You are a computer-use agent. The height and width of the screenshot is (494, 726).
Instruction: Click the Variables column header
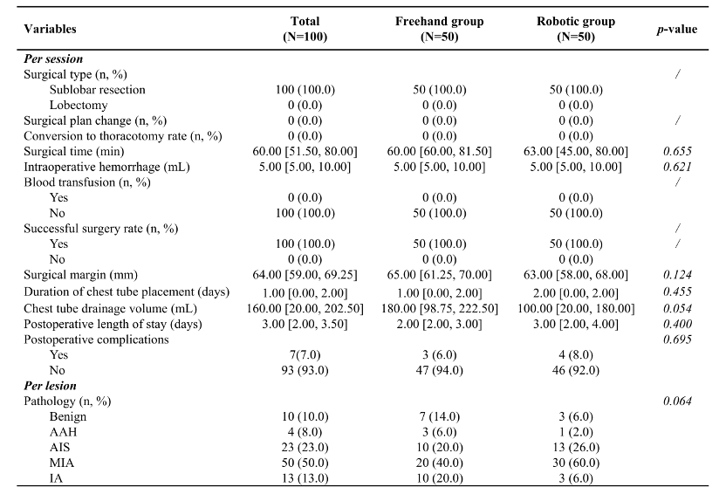50,29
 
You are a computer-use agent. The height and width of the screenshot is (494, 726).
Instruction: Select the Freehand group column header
440,29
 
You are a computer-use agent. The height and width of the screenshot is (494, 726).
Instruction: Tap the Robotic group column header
576,29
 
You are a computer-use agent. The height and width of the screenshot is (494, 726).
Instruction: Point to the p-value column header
676,29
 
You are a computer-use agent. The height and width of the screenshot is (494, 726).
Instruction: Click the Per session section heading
53,58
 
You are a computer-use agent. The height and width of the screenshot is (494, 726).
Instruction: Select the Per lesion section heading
50,386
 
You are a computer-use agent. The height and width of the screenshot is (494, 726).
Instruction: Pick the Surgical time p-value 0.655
677,151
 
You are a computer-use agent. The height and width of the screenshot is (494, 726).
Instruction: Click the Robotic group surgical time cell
576,151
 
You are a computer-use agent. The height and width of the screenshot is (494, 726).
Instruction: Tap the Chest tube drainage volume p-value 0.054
677,308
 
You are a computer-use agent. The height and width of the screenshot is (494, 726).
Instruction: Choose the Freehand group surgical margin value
440,275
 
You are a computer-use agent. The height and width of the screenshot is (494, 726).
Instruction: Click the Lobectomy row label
79,105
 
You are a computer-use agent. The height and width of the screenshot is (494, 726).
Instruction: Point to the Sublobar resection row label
97,89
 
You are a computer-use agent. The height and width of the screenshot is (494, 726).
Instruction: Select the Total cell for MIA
305,463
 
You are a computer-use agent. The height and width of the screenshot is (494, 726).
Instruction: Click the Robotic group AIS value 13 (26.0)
576,447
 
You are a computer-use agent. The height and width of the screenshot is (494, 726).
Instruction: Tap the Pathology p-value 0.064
677,401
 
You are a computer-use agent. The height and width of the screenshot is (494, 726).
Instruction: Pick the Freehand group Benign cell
440,416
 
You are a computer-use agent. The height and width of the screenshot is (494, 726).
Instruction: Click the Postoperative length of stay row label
113,324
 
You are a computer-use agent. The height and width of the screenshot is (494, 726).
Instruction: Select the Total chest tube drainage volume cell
305,308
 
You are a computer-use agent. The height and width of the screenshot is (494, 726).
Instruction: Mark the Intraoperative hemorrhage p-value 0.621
677,167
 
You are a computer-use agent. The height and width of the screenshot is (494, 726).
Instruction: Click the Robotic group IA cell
576,478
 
